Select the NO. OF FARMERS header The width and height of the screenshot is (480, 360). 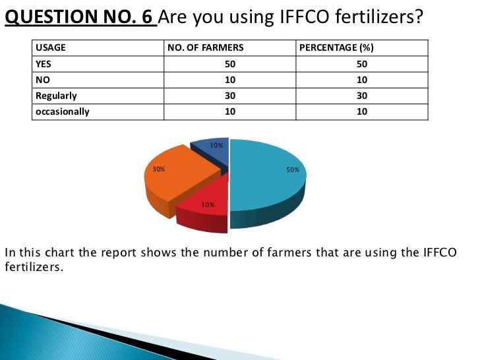click(x=206, y=48)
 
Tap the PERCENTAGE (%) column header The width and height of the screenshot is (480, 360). click(x=337, y=48)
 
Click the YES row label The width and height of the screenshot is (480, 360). click(x=44, y=64)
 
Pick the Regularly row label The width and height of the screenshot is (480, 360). click(x=56, y=96)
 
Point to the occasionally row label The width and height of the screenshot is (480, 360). click(x=62, y=111)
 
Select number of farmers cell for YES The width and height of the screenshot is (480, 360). click(x=229, y=64)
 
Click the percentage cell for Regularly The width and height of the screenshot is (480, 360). click(x=362, y=96)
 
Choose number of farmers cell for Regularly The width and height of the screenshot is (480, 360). click(x=229, y=96)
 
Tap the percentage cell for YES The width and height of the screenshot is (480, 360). click(x=362, y=64)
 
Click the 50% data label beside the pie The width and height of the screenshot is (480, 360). click(x=293, y=170)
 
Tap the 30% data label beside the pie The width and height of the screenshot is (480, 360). click(x=158, y=169)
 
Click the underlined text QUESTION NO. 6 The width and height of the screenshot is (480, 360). click(x=79, y=16)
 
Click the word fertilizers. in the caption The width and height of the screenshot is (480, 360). click(x=36, y=268)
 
